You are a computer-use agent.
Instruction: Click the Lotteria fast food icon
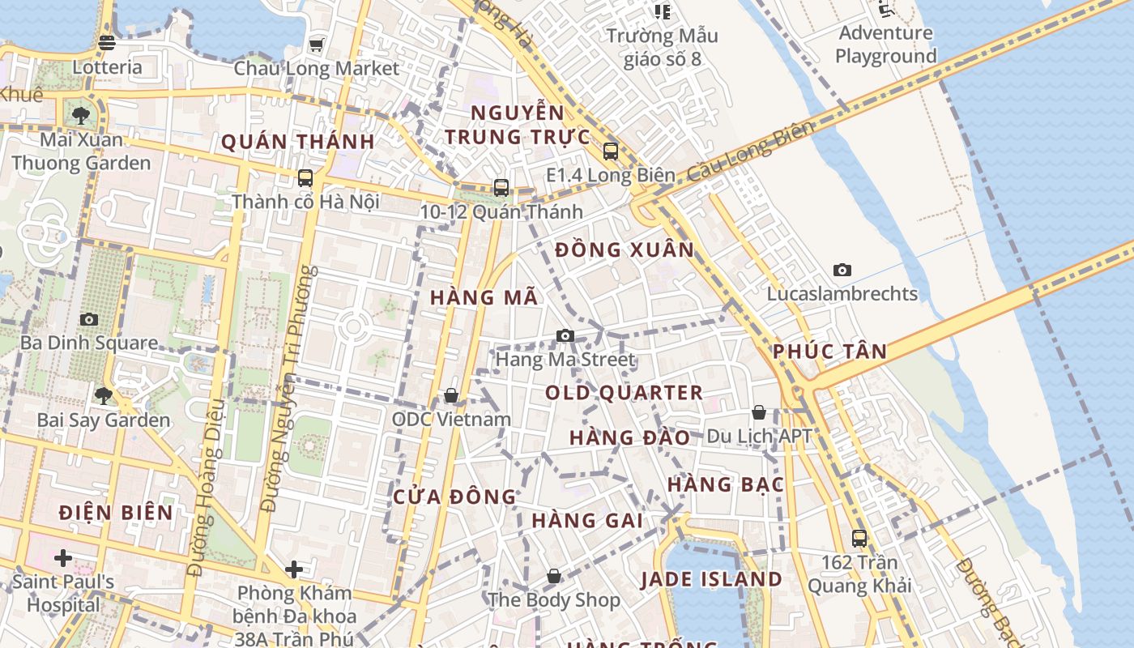(107, 43)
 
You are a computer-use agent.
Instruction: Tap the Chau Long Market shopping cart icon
(316, 44)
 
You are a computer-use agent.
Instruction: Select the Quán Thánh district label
(297, 142)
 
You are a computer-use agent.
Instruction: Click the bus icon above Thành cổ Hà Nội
(305, 177)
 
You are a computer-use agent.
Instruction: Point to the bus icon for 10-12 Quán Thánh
(501, 188)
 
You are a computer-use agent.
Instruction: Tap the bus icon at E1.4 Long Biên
(611, 151)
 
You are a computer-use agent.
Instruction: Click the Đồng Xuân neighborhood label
(625, 249)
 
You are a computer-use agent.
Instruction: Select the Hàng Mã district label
(484, 297)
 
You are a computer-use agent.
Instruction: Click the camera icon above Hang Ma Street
(565, 335)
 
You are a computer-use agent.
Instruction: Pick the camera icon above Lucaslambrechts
(842, 270)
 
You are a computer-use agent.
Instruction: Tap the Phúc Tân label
(829, 352)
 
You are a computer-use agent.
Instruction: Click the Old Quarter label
(624, 393)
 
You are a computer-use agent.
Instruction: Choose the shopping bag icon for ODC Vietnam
(451, 395)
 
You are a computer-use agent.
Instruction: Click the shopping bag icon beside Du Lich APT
(759, 412)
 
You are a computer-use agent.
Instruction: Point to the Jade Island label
(711, 579)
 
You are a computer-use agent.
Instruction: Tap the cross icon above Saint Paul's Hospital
(63, 557)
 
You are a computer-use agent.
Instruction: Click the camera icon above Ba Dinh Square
(89, 319)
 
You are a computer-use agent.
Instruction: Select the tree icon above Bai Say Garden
(103, 396)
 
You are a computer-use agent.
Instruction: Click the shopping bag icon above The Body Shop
(554, 576)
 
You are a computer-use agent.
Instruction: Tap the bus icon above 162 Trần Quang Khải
(859, 538)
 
